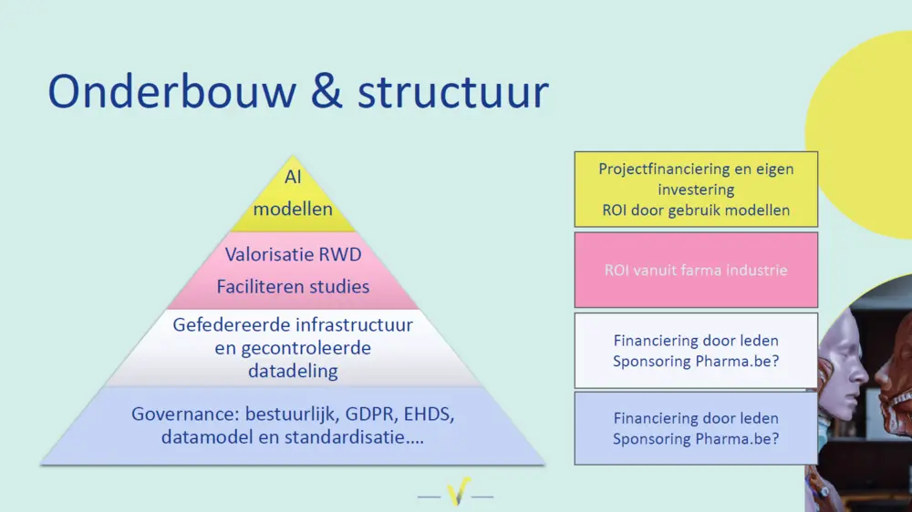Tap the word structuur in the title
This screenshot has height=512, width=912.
pos(452,91)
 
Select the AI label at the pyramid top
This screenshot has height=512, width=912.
pos(293,178)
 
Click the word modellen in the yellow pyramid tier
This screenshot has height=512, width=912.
pos(293,209)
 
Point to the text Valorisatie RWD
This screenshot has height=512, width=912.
pos(293,254)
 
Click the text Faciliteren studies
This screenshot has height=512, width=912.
pos(293,286)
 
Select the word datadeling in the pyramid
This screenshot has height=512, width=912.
pos(293,371)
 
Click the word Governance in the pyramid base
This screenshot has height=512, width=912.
pos(177,414)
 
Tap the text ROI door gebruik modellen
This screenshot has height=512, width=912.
pos(696,210)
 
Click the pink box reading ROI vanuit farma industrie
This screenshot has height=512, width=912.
pos(696,270)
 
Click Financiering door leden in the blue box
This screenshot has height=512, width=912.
pos(696,418)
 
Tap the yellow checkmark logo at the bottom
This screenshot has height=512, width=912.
pos(456,493)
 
